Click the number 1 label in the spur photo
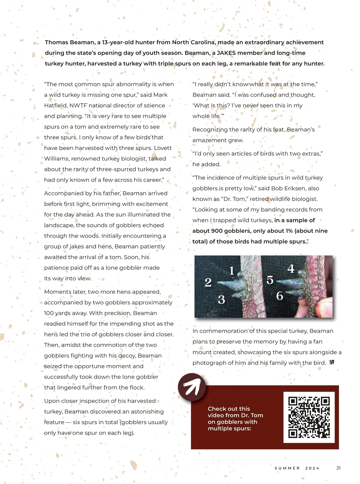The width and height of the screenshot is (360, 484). tap(232, 271)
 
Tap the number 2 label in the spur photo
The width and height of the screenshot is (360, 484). tap(208, 282)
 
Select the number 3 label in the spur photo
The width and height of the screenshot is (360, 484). tap(221, 299)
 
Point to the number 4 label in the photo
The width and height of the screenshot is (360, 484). tap(291, 269)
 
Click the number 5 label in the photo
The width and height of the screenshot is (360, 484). tap(270, 280)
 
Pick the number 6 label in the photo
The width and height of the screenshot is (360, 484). tap(280, 296)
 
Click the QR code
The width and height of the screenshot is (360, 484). tap(309, 417)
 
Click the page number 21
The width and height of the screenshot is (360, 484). tap(338, 468)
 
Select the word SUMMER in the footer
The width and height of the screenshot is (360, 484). tap(287, 468)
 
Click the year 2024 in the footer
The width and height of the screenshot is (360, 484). tap(312, 468)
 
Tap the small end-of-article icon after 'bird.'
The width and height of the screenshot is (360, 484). tap(331, 362)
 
